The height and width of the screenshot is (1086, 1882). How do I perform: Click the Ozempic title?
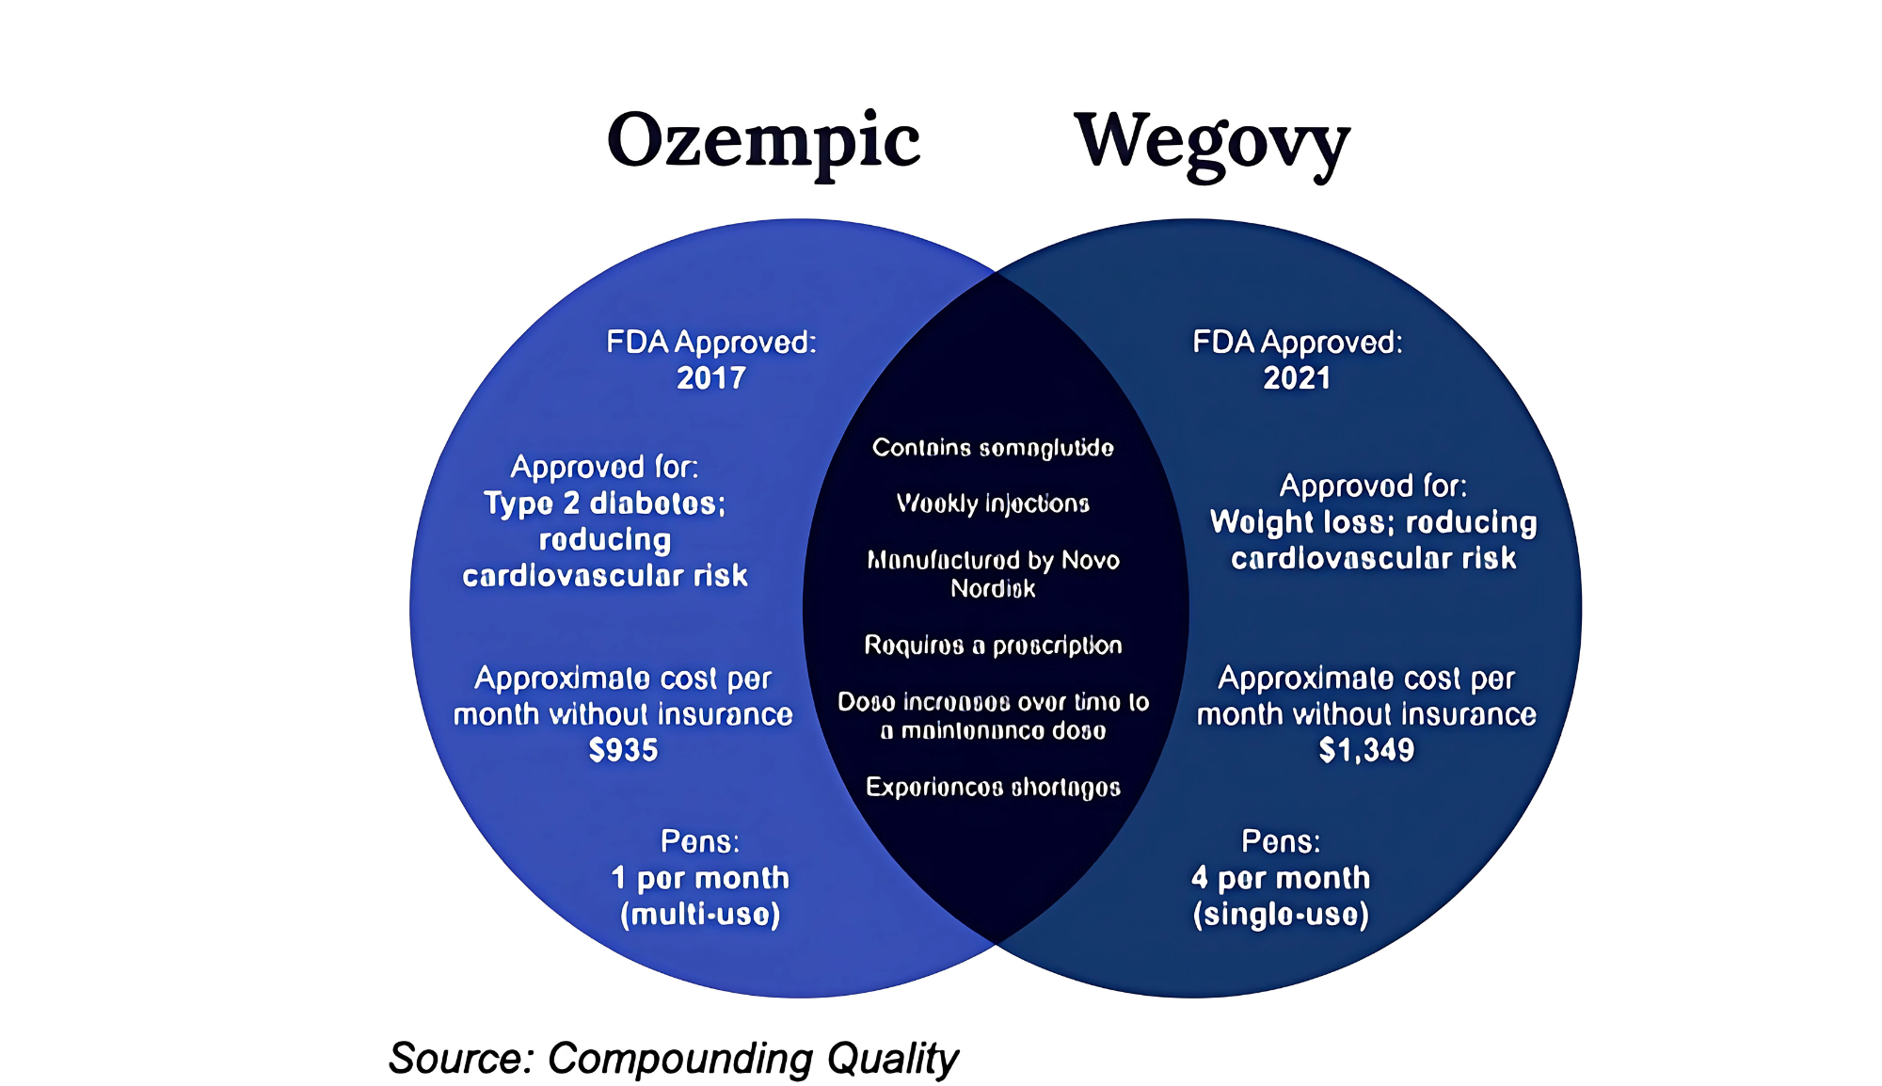tap(763, 141)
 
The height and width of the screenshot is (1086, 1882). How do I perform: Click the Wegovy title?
tap(1212, 143)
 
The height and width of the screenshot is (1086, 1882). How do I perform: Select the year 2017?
tap(711, 378)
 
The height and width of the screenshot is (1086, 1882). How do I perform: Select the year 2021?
tap(1297, 378)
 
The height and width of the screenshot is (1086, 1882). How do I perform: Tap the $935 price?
tap(623, 750)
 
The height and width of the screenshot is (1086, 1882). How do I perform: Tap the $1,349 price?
tap(1366, 750)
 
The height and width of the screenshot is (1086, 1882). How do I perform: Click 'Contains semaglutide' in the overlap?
tap(993, 448)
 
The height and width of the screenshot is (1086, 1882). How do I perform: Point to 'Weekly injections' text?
tap(993, 504)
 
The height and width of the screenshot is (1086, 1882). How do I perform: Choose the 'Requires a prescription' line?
tap(993, 646)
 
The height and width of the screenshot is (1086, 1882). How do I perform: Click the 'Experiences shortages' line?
tap(993, 788)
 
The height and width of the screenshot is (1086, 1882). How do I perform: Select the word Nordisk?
tap(993, 589)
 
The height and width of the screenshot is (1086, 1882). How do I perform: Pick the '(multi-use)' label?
tap(700, 915)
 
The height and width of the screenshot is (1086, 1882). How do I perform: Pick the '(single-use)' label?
tap(1281, 915)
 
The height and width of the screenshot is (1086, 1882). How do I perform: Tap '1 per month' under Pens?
tap(700, 878)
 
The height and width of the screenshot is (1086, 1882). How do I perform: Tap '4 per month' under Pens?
tap(1281, 878)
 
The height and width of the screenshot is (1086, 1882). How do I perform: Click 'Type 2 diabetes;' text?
tap(605, 503)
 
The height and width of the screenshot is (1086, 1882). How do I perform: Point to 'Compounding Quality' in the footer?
tap(753, 1059)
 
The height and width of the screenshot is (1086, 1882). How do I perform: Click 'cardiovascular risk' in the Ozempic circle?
tap(605, 576)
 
